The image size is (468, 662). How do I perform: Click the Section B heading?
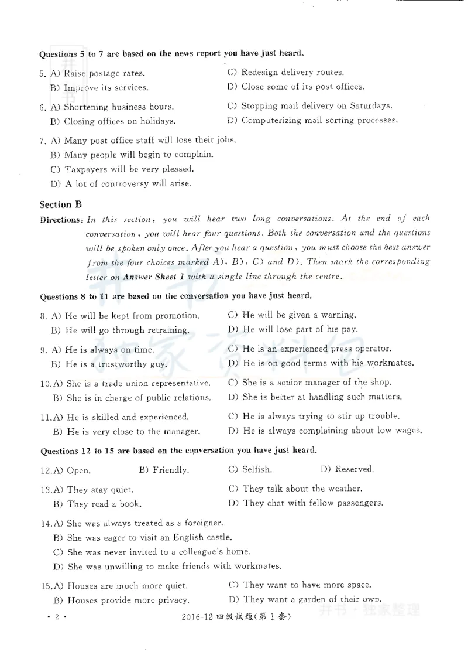point(60,204)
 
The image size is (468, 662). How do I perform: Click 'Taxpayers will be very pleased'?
point(128,169)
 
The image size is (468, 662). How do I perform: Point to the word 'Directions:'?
point(61,219)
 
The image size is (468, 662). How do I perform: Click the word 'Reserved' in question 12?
point(353,469)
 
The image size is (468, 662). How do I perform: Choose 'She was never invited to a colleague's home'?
point(158,552)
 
